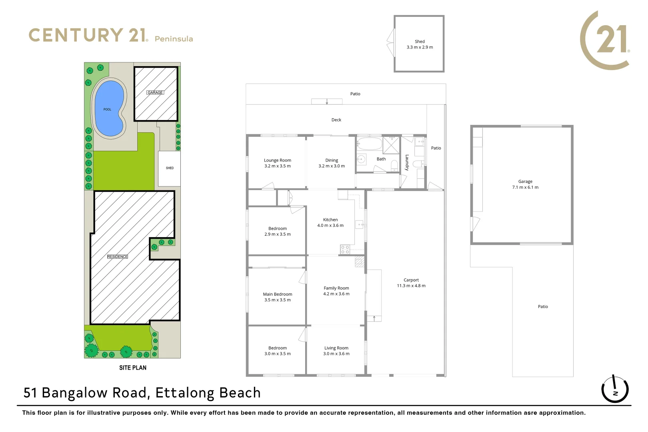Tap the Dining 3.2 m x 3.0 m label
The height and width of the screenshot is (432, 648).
point(331,163)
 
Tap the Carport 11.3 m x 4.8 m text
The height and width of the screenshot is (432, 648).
point(411,283)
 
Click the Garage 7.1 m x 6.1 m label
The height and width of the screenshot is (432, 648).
point(525,184)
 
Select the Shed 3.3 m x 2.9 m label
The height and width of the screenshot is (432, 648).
point(420,44)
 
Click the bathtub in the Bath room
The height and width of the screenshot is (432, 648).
point(369,144)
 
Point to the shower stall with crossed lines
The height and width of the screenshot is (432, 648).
point(391,145)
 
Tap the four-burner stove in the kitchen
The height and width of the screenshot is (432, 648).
point(345,250)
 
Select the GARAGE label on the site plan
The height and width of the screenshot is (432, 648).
point(155,92)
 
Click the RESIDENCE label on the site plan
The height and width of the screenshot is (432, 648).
point(118,256)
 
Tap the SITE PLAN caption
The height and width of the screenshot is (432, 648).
point(132,368)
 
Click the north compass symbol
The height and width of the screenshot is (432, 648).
point(614,389)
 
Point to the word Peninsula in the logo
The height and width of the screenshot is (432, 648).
point(174,39)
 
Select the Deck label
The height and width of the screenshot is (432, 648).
point(336,120)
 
